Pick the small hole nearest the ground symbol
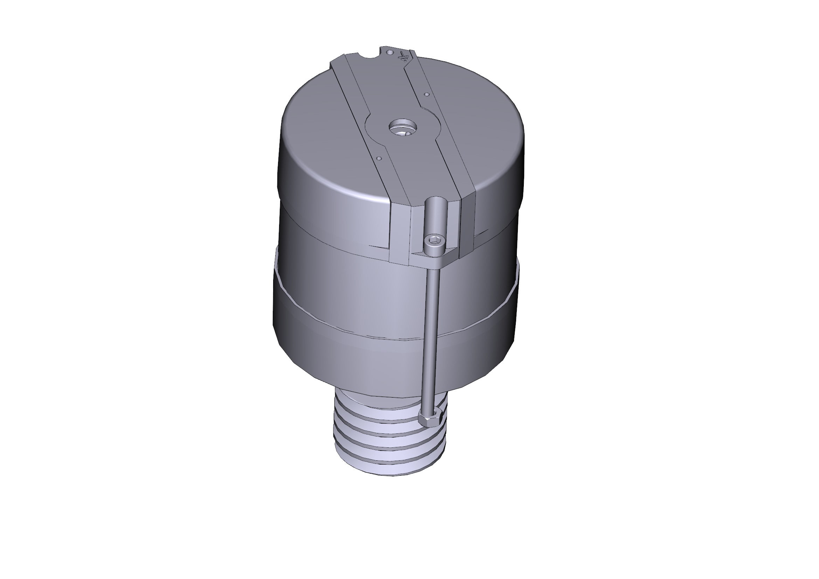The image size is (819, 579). [x=426, y=95]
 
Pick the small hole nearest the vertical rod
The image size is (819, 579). [x=379, y=158]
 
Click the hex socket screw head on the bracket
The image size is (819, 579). [x=434, y=241]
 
